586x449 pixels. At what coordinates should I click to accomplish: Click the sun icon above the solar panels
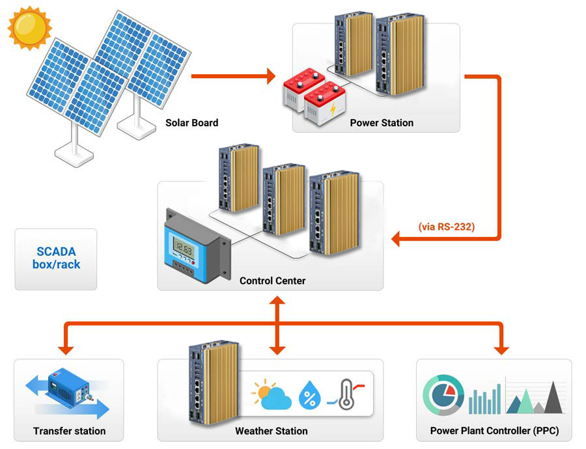(x=29, y=27)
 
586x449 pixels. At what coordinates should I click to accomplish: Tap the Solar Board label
(x=191, y=122)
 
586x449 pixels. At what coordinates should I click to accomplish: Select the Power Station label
(x=382, y=122)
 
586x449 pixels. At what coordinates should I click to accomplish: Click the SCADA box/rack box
(x=56, y=258)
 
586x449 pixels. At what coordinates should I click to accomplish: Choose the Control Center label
(x=272, y=280)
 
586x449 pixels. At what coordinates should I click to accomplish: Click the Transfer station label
(x=69, y=430)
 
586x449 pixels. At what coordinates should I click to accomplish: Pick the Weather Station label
(x=271, y=430)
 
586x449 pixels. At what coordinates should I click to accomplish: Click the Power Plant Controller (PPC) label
(x=494, y=430)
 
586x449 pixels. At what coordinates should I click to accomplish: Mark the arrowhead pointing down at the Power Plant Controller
(x=501, y=349)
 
